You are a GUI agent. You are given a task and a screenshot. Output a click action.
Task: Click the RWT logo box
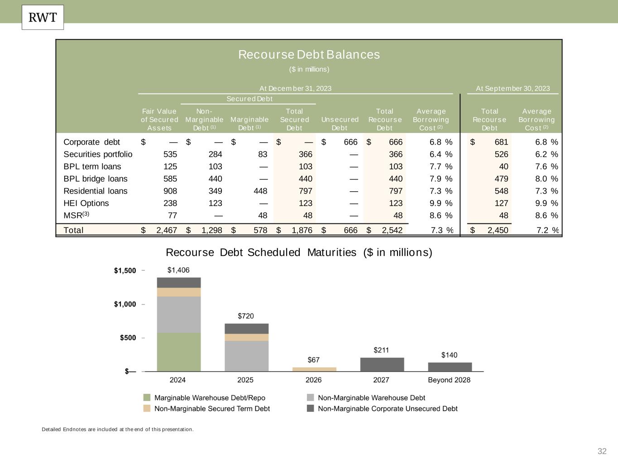click(43, 18)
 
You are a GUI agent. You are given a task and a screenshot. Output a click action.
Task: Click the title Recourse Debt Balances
click(309, 55)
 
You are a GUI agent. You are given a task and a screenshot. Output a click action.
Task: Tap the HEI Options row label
click(86, 203)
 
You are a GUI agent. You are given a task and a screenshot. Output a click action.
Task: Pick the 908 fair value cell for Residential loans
click(170, 191)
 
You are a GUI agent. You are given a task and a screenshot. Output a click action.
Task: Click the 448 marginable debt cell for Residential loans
click(260, 191)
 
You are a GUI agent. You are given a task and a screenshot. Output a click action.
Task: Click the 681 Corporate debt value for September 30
click(501, 142)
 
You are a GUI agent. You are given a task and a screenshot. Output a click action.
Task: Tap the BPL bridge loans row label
click(96, 179)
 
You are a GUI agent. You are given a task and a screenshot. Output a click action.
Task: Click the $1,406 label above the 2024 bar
click(178, 270)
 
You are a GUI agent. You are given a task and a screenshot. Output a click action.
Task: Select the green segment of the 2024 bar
click(179, 352)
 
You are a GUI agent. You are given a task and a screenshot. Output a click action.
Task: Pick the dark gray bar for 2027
click(382, 364)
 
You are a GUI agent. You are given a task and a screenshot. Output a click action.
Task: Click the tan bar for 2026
click(314, 369)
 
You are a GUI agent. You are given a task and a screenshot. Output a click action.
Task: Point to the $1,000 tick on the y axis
click(125, 304)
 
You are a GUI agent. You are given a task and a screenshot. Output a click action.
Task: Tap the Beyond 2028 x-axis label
click(449, 380)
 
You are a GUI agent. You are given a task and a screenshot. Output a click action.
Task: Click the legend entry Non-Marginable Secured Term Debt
click(212, 409)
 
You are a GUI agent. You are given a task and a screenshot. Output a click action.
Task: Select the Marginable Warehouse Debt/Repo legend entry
click(210, 398)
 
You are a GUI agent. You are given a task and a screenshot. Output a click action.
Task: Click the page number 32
click(602, 451)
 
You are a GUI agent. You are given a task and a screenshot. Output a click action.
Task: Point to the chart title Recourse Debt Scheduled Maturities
click(299, 252)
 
